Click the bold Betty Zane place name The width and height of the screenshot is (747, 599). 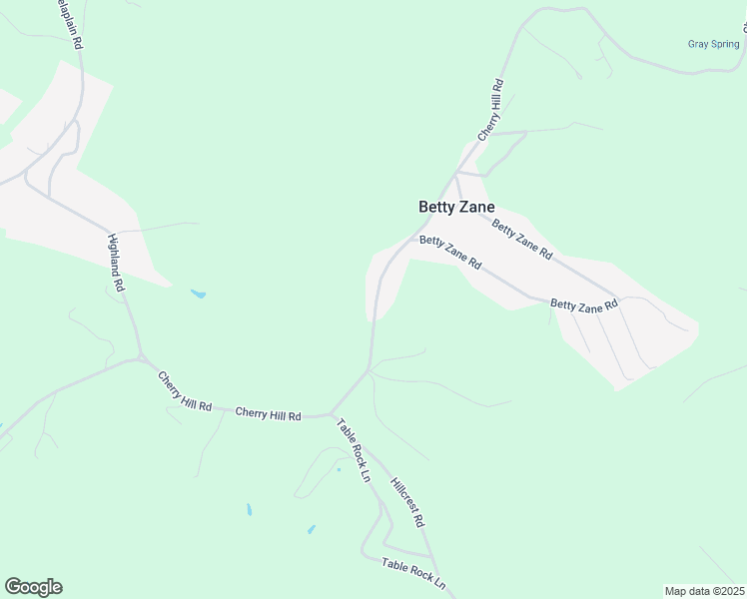(455, 207)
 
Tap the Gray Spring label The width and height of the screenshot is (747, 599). (713, 44)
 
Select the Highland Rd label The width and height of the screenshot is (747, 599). (117, 263)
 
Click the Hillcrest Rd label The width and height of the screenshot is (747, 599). (407, 501)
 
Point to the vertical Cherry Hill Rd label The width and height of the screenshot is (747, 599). (490, 111)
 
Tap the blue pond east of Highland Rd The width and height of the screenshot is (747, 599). (198, 295)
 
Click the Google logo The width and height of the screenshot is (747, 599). (33, 587)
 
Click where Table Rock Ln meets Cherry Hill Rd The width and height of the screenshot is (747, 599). (332, 413)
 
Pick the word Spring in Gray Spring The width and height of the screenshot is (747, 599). (725, 44)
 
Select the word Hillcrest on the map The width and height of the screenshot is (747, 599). (402, 493)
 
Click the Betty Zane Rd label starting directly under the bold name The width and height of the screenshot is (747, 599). (450, 253)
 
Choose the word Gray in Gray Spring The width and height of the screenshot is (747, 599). (698, 44)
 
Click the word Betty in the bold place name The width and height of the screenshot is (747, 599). (436, 207)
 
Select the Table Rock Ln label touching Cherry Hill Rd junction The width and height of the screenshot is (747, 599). (353, 450)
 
